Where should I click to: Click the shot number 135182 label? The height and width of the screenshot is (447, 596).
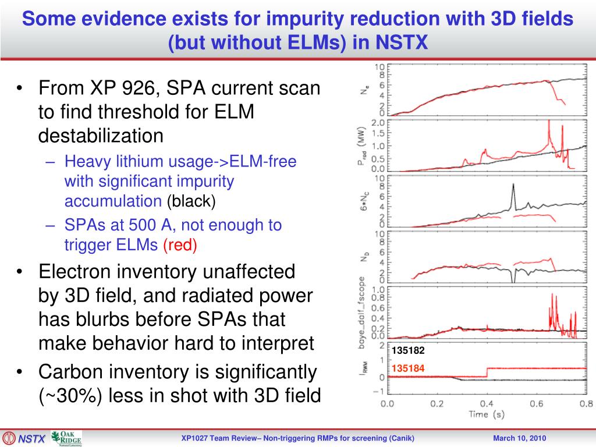(x=408, y=351)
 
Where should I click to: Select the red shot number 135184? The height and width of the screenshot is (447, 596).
(x=408, y=368)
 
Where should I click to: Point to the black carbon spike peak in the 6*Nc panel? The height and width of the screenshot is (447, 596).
(x=513, y=185)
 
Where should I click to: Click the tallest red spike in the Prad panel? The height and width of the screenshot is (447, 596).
(x=549, y=122)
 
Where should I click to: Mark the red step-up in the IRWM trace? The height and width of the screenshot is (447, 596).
(x=487, y=372)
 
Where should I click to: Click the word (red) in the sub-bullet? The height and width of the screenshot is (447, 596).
(x=180, y=245)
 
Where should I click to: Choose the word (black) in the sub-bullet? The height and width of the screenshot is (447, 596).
(x=191, y=201)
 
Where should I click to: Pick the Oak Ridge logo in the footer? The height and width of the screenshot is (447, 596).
(x=66, y=438)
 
